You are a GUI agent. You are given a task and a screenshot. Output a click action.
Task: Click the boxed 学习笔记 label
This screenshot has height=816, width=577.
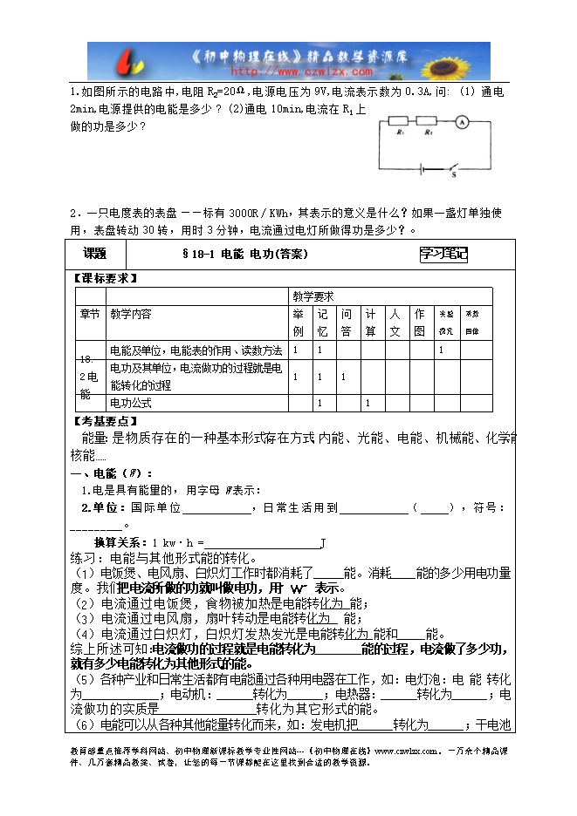click(443, 255)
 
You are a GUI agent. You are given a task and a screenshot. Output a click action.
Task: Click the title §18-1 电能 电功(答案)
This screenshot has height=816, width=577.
click(245, 255)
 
